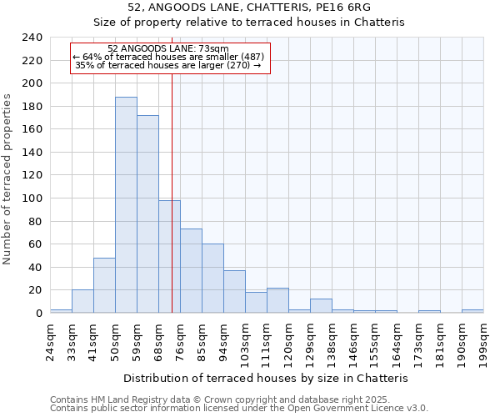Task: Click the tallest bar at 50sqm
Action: point(126,205)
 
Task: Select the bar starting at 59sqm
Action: point(147,214)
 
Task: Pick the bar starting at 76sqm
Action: point(191,271)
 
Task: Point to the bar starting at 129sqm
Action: point(321,305)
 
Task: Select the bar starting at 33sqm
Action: point(82,301)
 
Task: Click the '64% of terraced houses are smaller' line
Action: point(169,57)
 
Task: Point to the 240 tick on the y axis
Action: point(32,38)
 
